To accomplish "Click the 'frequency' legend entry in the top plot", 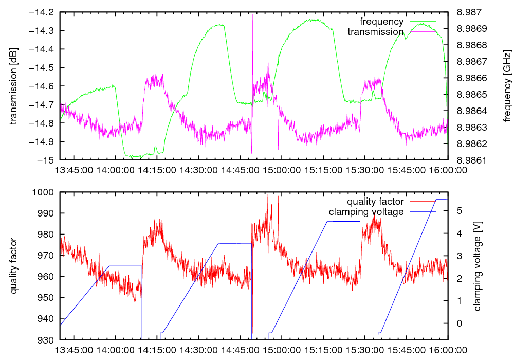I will [381, 22].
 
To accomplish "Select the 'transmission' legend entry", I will [375, 32].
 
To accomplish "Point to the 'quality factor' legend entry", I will [375, 202].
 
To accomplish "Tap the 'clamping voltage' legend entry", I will [366, 212].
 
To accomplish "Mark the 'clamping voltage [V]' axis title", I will [478, 266].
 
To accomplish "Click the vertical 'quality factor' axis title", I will [14, 266].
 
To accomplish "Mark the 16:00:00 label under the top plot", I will [447, 170].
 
